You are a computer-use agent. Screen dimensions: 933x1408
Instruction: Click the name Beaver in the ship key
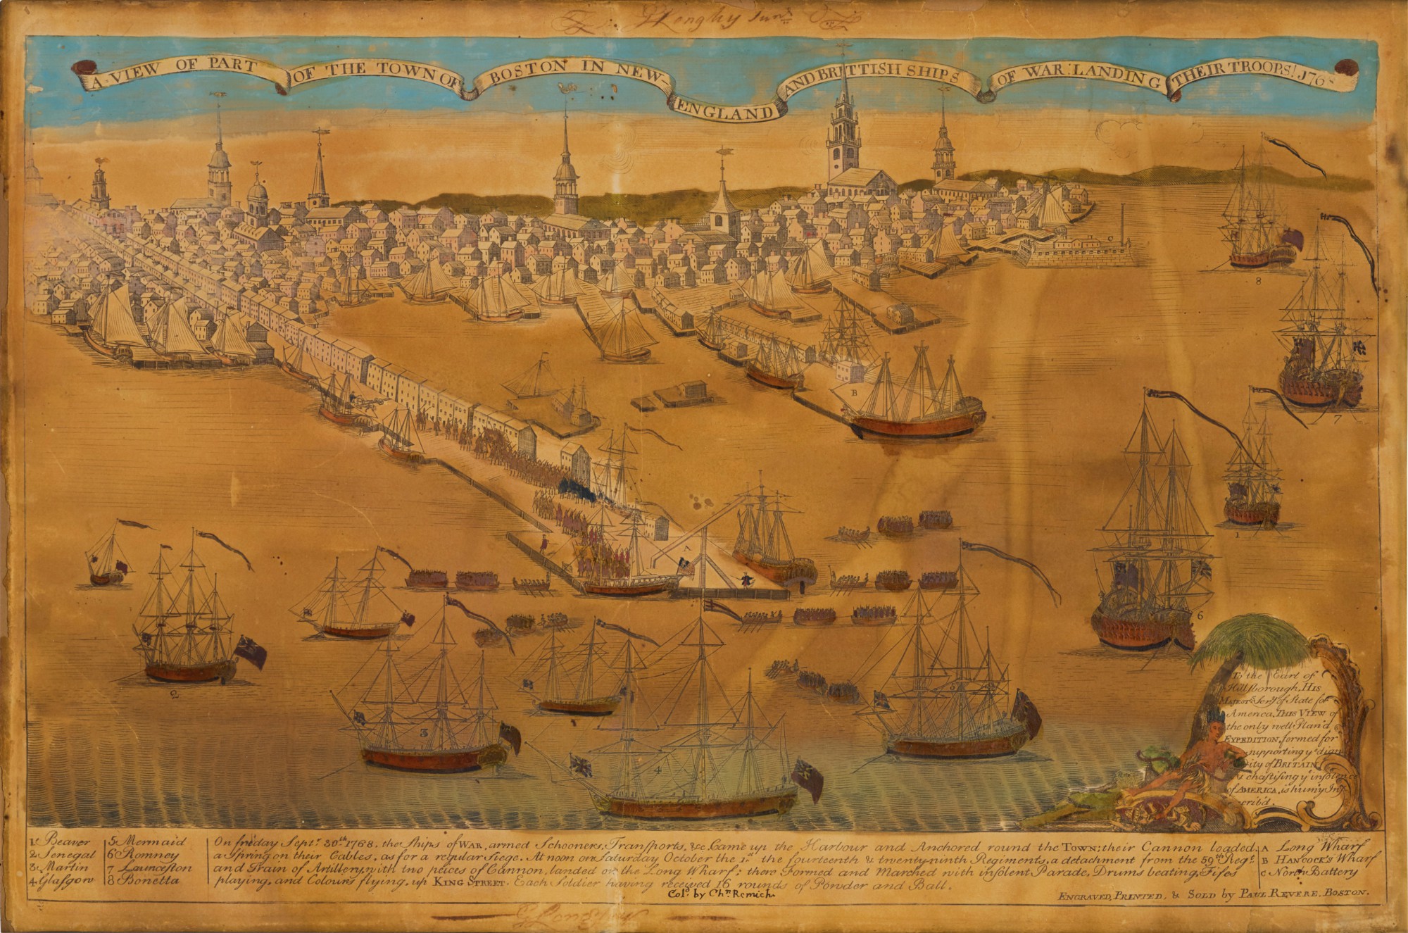click(x=63, y=842)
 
